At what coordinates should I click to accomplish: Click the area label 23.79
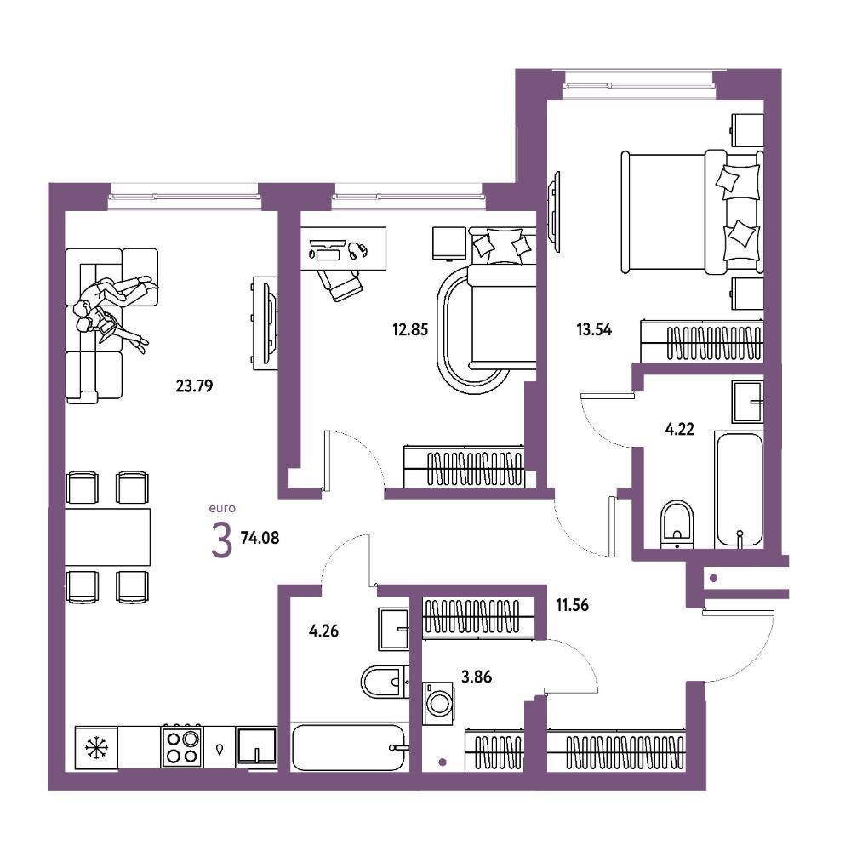point(194,386)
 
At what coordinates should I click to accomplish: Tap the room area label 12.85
point(410,329)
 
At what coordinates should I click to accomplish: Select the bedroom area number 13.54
point(594,329)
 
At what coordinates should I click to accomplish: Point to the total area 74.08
point(260,538)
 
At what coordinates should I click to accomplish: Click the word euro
point(222,509)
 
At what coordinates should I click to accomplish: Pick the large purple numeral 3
point(221,542)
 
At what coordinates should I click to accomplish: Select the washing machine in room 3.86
point(438,704)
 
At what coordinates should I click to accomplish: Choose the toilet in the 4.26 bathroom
point(385,681)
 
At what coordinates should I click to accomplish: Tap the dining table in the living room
point(107,537)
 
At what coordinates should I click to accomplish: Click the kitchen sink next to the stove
point(257,747)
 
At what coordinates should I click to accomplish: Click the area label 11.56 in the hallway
point(572,604)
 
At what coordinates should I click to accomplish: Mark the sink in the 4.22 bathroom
point(747,402)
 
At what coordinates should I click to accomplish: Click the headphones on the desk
point(357,250)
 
